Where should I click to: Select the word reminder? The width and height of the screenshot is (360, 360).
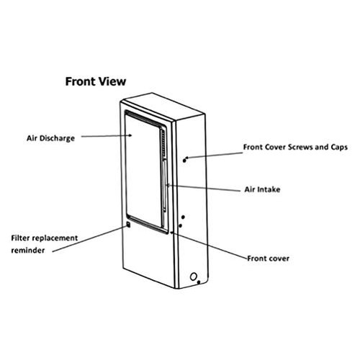tap(30, 250)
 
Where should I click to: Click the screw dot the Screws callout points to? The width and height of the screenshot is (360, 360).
tap(186, 158)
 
